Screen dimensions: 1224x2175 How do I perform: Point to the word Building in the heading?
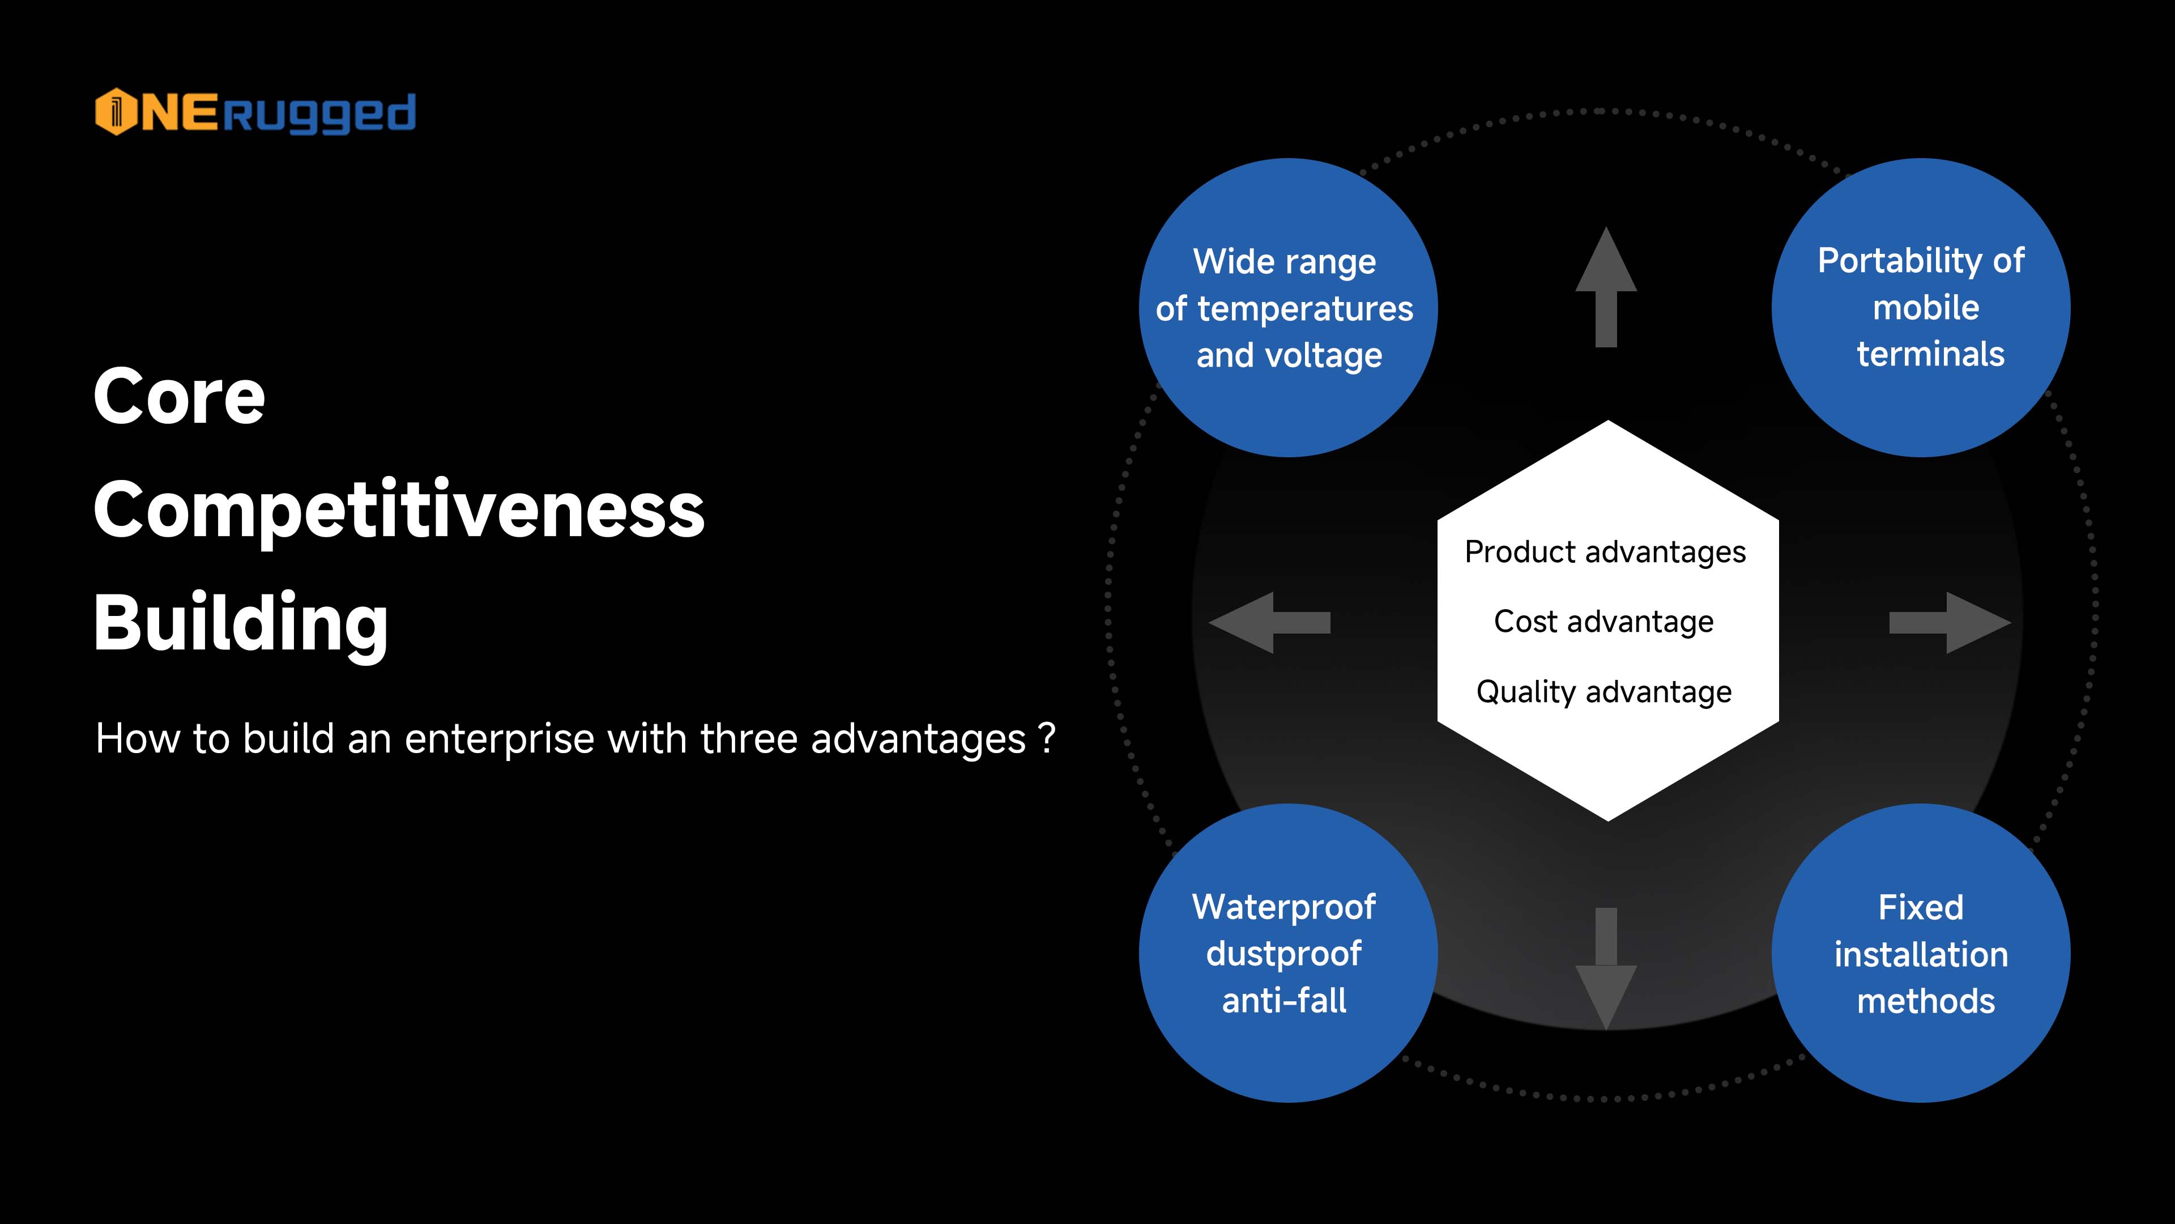(241, 623)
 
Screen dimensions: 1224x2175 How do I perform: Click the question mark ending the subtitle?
(1047, 737)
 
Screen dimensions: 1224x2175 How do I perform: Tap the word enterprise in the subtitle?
(499, 739)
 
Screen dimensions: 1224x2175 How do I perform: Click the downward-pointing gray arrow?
(1606, 968)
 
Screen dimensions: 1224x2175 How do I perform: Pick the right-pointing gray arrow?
(1950, 623)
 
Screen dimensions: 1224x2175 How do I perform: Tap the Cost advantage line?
(1603, 622)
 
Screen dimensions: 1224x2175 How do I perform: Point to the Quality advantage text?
(1603, 692)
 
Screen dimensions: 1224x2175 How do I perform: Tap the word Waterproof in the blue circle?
(1283, 907)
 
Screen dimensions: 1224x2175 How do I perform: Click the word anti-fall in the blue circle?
(1283, 1001)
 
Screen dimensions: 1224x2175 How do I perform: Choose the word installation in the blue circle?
(1921, 954)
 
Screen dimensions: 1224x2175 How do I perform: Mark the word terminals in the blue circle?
(1930, 355)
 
